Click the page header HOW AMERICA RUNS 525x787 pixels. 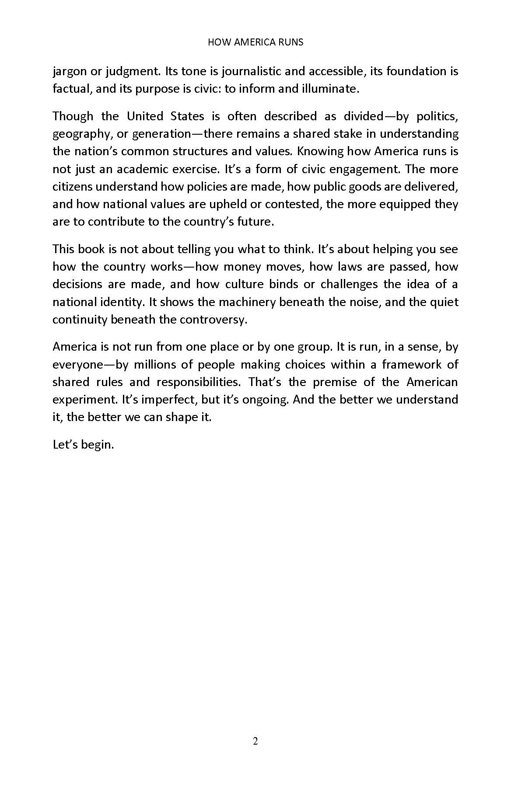[255, 42]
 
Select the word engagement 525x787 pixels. [380, 169]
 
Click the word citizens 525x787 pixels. [72, 187]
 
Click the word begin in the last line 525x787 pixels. [99, 445]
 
